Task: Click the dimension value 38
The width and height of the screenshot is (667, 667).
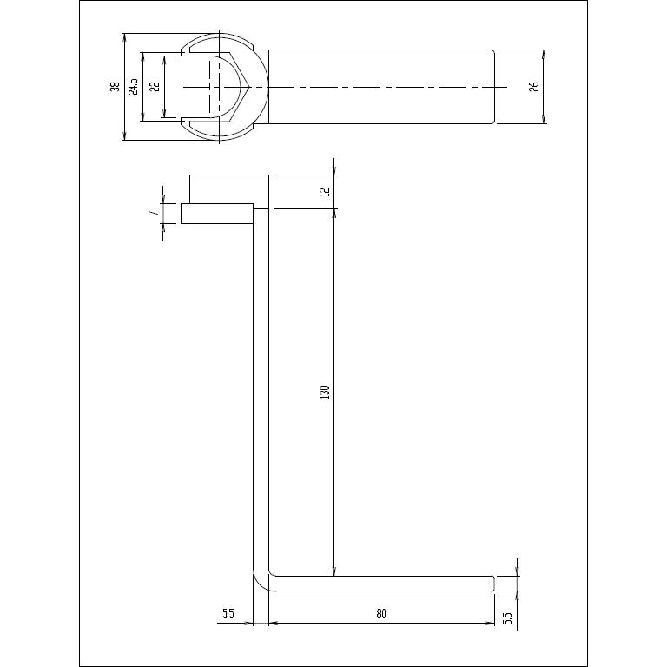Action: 115,87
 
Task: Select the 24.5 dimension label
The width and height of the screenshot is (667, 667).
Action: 133,87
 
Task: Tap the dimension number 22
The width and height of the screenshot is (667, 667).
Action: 154,87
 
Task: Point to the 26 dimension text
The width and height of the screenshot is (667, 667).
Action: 534,87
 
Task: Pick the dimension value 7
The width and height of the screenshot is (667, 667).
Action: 153,213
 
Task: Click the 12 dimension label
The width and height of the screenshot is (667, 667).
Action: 325,191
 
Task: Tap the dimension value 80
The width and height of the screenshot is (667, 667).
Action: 380,614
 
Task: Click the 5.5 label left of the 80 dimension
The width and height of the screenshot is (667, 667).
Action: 228,614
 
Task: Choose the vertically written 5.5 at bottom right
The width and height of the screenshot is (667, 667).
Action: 508,618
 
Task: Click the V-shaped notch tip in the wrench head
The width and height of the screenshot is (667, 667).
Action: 250,87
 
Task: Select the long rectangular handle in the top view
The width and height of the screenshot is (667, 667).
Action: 382,87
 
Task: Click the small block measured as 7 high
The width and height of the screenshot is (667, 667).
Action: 216,214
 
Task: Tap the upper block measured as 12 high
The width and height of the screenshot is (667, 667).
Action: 228,188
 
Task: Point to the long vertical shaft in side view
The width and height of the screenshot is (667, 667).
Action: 261,391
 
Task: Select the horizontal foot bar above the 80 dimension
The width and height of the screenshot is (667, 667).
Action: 382,583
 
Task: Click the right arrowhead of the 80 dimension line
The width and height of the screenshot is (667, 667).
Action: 491,623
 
